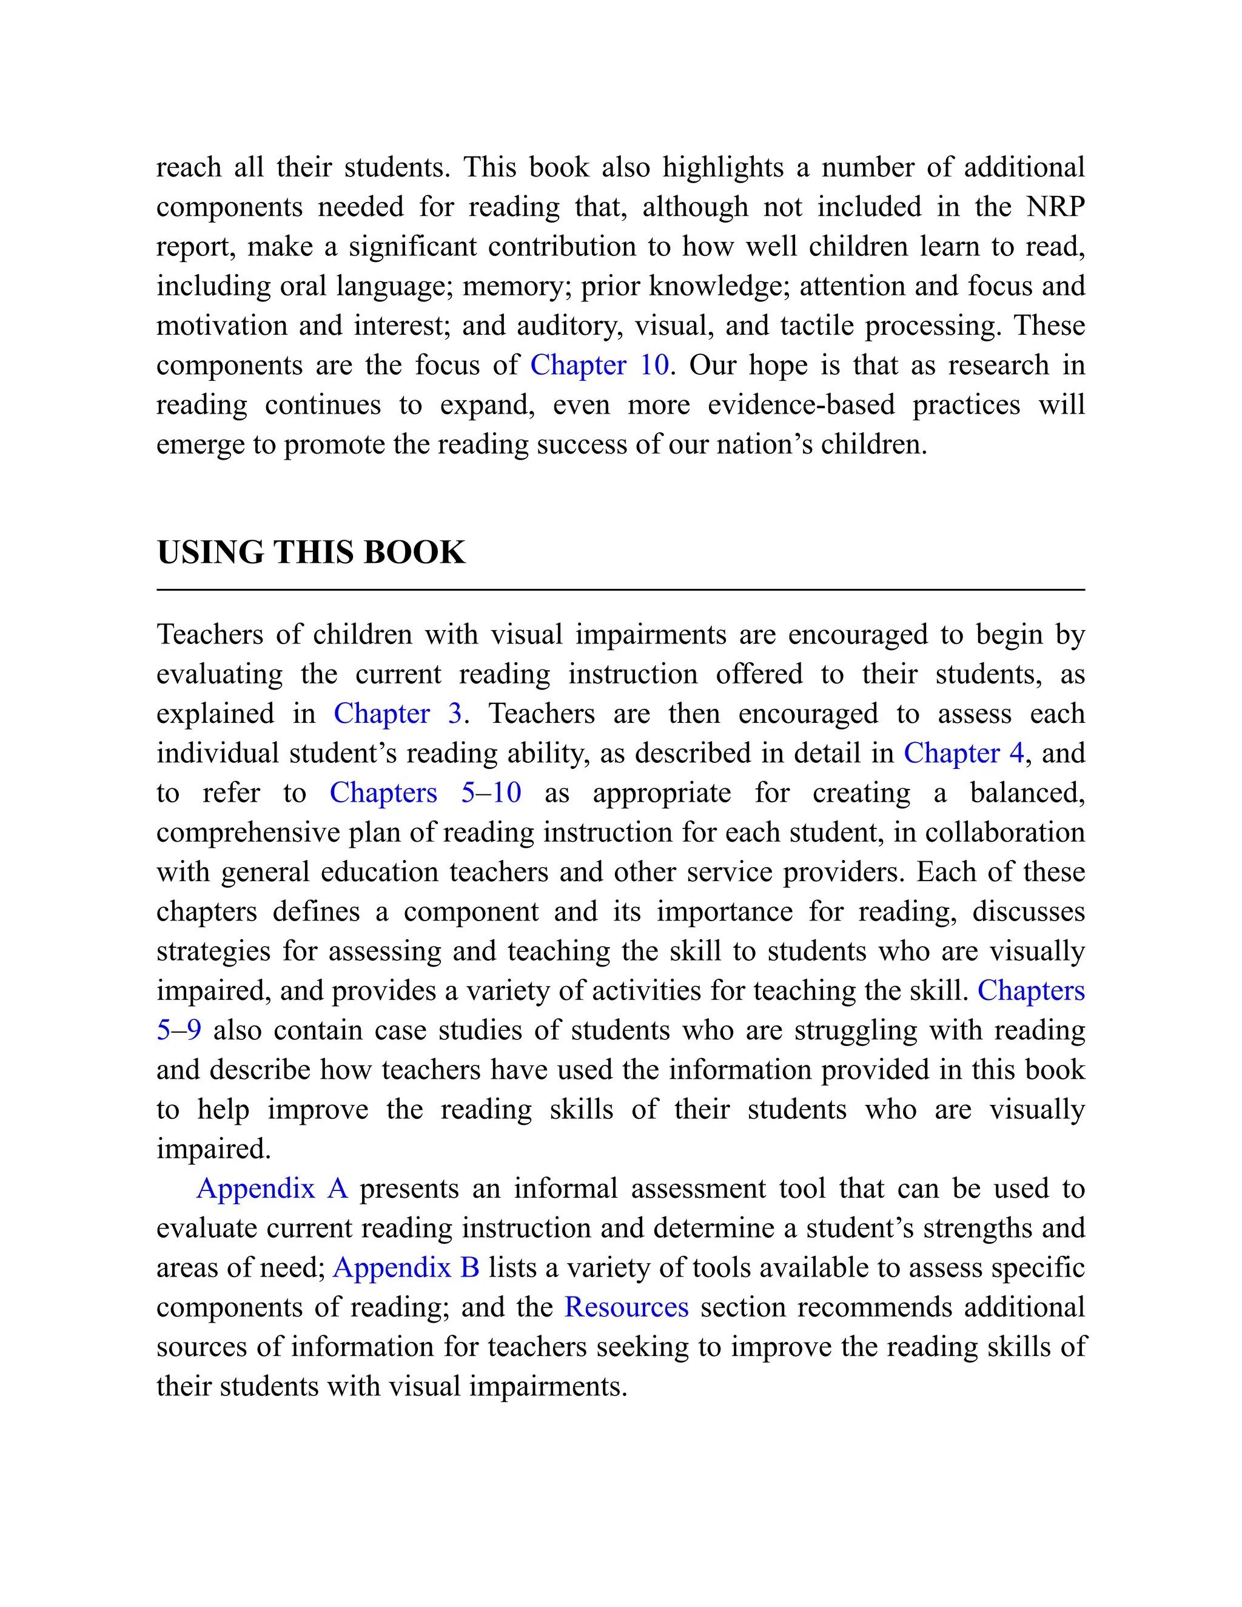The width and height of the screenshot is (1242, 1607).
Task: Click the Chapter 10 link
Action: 599,365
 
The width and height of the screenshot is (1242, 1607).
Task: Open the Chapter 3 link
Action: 397,714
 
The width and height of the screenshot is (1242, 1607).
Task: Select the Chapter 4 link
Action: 963,753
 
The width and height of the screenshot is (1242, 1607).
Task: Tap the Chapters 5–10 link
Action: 425,793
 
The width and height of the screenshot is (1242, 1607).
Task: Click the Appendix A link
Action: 272,1189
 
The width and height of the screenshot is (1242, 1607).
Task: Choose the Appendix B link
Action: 406,1268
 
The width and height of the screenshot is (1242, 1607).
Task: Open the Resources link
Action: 626,1307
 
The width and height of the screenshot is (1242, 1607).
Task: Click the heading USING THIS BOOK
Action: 310,552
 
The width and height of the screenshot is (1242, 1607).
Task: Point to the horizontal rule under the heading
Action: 620,590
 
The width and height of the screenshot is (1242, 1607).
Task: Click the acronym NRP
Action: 1055,207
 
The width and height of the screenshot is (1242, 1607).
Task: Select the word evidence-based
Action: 801,404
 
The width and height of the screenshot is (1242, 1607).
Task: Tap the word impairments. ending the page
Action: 548,1387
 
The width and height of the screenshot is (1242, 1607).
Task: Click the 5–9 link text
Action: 179,1030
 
